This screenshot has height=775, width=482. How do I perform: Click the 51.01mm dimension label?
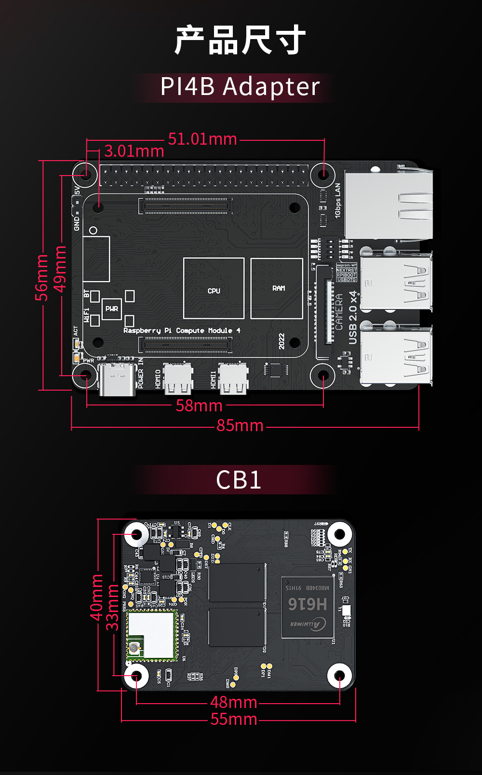[x=202, y=139]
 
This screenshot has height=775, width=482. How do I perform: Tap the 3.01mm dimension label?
[x=134, y=151]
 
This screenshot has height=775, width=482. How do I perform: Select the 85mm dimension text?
[x=240, y=425]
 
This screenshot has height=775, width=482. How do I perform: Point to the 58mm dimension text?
[x=199, y=406]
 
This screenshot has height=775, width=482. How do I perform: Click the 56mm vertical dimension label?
[x=41, y=277]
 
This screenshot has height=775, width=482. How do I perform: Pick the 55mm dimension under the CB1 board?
[x=234, y=719]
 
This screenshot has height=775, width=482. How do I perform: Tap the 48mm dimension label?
[x=234, y=702]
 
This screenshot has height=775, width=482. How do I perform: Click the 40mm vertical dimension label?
[x=96, y=597]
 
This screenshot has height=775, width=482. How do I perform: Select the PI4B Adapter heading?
[x=240, y=87]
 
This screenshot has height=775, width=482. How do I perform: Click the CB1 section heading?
[x=239, y=480]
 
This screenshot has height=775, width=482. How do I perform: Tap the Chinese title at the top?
[x=240, y=41]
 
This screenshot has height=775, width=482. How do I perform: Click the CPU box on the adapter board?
[x=214, y=288]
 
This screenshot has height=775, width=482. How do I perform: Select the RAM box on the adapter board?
[x=277, y=288]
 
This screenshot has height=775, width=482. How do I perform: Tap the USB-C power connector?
[x=117, y=380]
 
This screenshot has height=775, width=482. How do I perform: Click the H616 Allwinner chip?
[x=307, y=607]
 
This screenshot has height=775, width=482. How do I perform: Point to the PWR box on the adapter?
[x=112, y=309]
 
